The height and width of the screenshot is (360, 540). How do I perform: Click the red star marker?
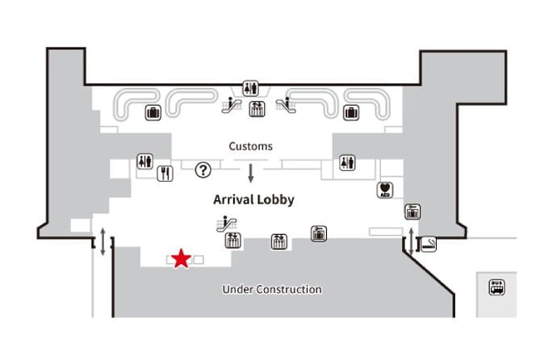181,258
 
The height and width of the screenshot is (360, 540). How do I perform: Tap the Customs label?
250,147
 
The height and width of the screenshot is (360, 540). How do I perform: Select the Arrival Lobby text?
253,199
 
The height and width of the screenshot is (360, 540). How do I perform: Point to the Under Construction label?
272,289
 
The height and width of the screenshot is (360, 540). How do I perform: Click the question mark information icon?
203,170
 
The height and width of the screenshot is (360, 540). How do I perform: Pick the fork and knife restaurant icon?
165,172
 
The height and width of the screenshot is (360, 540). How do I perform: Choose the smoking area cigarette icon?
429,243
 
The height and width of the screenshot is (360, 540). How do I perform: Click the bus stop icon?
496,287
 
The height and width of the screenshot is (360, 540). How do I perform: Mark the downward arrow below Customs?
251,172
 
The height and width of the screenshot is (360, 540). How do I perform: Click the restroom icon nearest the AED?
348,162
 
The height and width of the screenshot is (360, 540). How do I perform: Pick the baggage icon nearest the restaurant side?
152,112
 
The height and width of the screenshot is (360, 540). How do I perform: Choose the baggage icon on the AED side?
351,112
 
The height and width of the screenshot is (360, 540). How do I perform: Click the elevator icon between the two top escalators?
257,109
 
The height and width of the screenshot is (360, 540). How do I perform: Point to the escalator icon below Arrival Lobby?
224,223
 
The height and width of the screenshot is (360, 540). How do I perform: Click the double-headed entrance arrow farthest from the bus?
103,241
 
